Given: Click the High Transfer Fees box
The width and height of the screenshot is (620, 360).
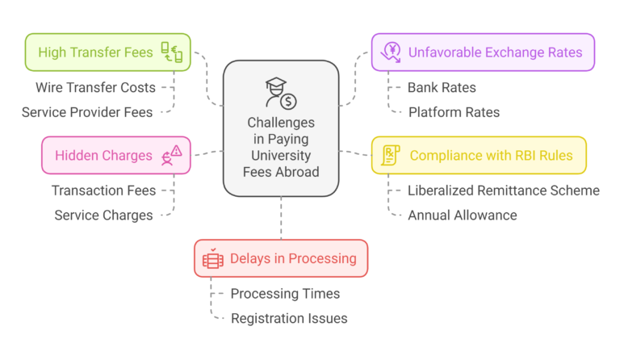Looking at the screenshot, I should (107, 52).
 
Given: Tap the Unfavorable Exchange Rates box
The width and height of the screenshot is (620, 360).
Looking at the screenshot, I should (483, 52).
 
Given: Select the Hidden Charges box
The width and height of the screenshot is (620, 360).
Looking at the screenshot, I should (115, 155).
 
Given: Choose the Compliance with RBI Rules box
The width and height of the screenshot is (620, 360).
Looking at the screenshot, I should (478, 155).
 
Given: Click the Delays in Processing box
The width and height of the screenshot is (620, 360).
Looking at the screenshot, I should (280, 258).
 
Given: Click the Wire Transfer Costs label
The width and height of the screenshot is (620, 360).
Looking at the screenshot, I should (95, 87).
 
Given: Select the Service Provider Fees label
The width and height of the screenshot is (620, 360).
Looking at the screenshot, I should (87, 112).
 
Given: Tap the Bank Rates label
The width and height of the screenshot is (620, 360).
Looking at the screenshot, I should (442, 87).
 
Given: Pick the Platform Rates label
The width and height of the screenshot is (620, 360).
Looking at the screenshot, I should (454, 112).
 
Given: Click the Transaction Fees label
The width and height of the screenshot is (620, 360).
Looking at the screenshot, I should (103, 190).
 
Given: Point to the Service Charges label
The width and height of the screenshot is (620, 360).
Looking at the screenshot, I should (103, 216).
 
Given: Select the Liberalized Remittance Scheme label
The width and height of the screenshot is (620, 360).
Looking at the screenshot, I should (504, 190).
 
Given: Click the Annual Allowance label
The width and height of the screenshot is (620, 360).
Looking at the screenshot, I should (463, 216).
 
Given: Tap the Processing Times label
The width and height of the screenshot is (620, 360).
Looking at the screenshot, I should (285, 294).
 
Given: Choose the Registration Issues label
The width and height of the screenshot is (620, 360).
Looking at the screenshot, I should (289, 318).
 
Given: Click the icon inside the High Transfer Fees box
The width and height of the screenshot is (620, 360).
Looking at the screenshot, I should (171, 52).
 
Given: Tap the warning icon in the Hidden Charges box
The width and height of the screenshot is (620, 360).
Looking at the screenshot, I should (172, 154).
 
